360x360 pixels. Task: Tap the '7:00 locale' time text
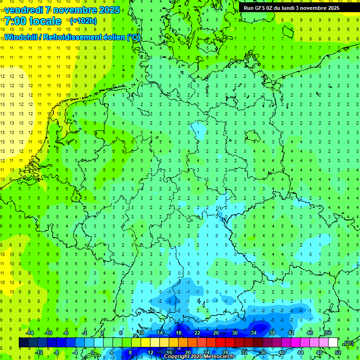coord(33,21)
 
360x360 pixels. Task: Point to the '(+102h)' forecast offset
coord(83,21)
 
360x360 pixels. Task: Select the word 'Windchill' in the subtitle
coord(22,37)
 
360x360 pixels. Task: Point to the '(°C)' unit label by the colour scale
coord(348,343)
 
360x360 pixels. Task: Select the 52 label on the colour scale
coord(338,352)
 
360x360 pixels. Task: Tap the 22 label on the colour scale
coord(197,333)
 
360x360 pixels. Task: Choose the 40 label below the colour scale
coord(282,352)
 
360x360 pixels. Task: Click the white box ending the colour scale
coord(333,343)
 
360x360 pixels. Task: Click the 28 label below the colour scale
coord(225,352)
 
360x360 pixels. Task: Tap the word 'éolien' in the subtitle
coord(115,37)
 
